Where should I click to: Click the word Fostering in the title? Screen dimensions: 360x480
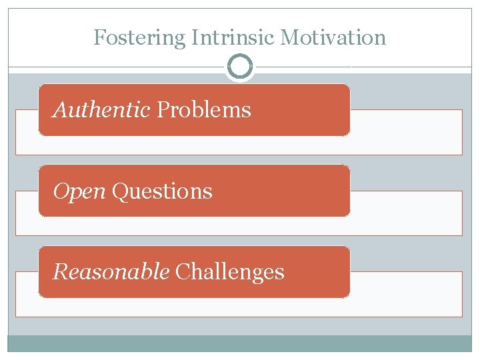[140, 37]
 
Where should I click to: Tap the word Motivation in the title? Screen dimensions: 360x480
[333, 37]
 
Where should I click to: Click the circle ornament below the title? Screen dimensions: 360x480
[240, 67]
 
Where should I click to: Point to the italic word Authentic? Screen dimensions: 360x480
[101, 110]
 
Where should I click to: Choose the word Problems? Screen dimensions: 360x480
[203, 110]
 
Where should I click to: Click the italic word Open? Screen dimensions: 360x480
[79, 192]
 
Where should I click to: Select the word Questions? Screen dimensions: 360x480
[162, 192]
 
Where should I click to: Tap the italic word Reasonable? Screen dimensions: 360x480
[111, 272]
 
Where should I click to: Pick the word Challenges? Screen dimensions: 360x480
[229, 272]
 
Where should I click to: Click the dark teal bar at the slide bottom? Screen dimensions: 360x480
[240, 343]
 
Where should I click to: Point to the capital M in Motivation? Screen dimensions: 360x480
[288, 37]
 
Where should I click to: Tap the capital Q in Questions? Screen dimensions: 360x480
[119, 192]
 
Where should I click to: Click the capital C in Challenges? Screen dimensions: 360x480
[181, 272]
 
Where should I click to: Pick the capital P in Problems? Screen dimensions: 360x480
[162, 110]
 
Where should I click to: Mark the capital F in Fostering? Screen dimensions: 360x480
[99, 37]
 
